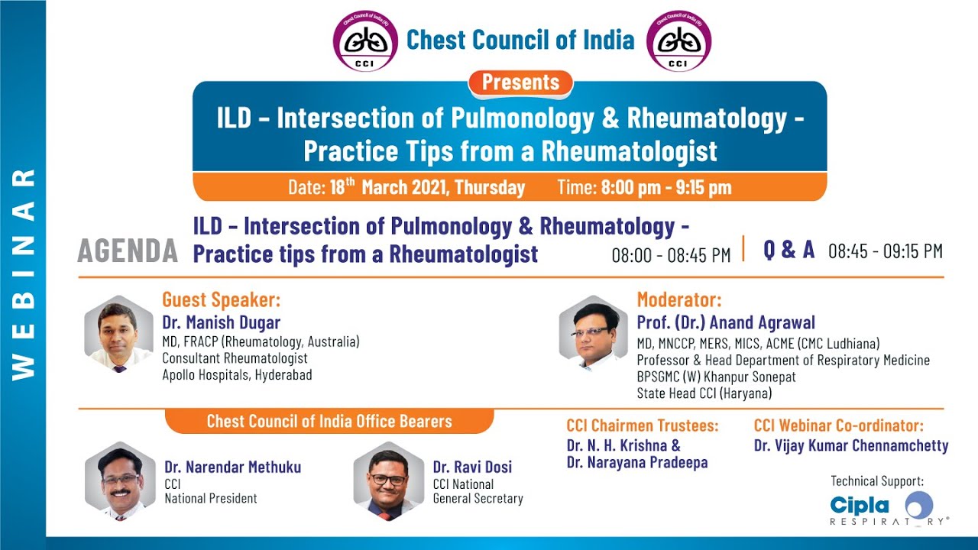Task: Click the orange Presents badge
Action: pyautogui.click(x=520, y=82)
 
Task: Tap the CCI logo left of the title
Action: pyautogui.click(x=365, y=41)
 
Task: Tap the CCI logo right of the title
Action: pyautogui.click(x=678, y=41)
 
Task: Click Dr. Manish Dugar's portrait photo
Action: pyautogui.click(x=118, y=337)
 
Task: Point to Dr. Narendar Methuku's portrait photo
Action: pyautogui.click(x=120, y=479)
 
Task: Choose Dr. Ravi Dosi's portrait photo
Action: pyautogui.click(x=389, y=479)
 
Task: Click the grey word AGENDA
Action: pyautogui.click(x=128, y=251)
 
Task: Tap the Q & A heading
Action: pyautogui.click(x=789, y=249)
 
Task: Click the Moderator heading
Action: pyautogui.click(x=678, y=299)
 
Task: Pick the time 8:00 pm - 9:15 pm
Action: pyautogui.click(x=665, y=187)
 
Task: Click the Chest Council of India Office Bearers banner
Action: pyautogui.click(x=329, y=421)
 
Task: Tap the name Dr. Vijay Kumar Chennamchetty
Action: pyautogui.click(x=850, y=445)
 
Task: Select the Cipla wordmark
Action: pyautogui.click(x=860, y=505)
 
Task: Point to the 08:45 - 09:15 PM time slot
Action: pyautogui.click(x=885, y=251)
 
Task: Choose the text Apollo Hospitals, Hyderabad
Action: pyautogui.click(x=237, y=374)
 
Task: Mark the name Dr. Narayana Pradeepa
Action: pyautogui.click(x=636, y=462)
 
